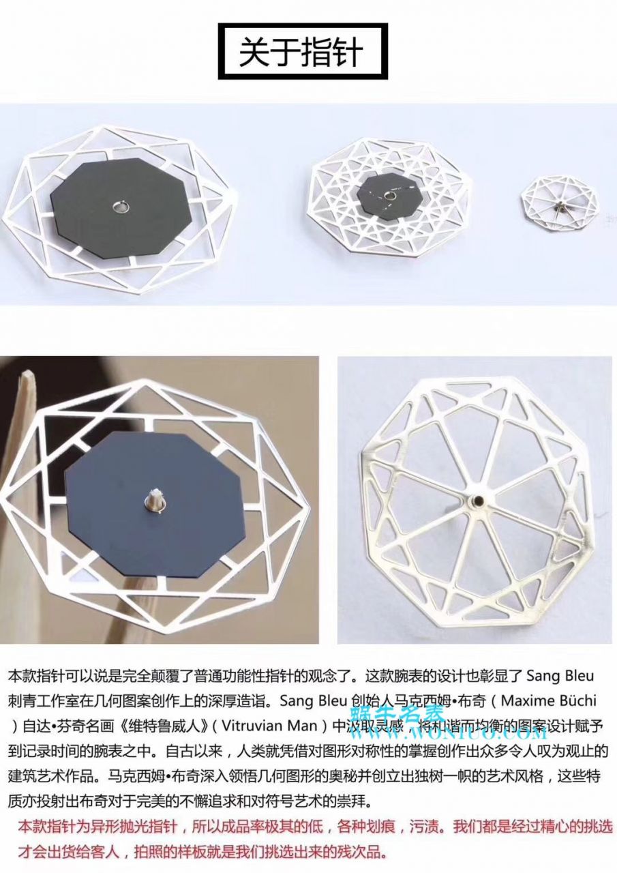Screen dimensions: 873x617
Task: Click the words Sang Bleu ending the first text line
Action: tap(560, 677)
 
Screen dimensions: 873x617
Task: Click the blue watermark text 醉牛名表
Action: tap(411, 715)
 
